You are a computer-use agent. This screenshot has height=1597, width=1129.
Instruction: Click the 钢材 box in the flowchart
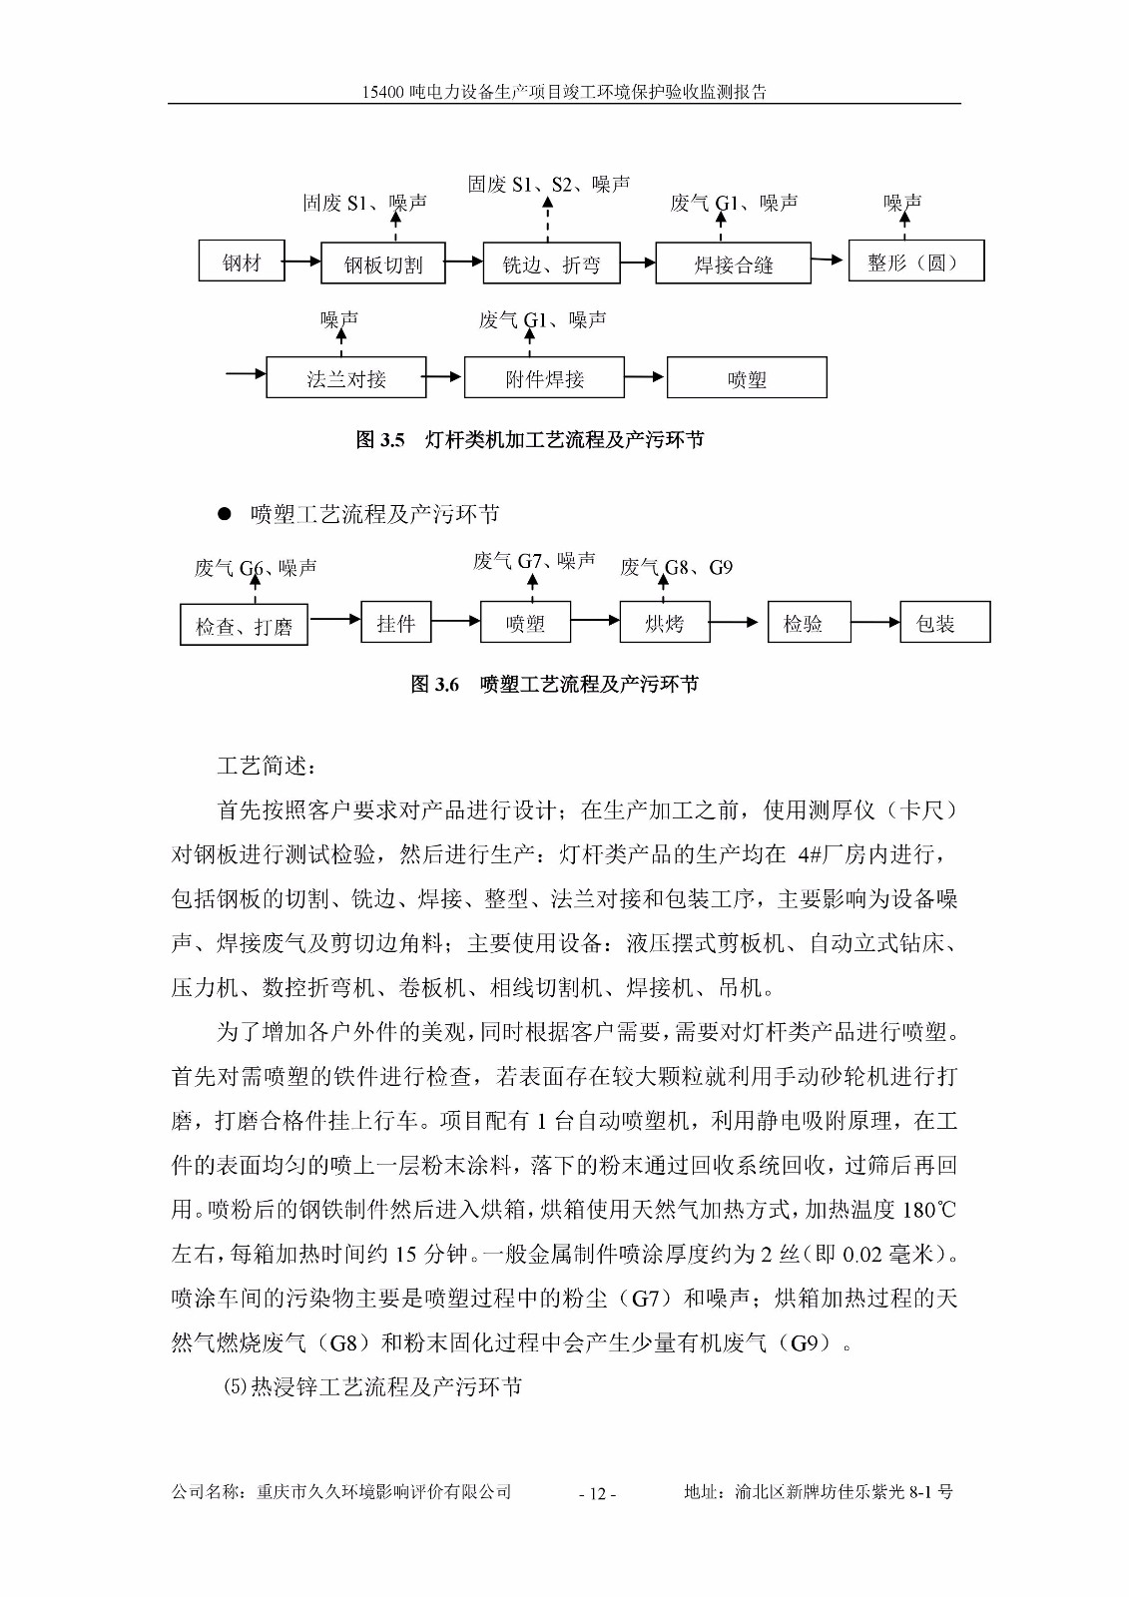coord(242,262)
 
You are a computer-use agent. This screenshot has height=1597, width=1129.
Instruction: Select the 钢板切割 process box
coord(383,264)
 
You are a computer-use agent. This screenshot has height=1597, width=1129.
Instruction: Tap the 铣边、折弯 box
coord(551,264)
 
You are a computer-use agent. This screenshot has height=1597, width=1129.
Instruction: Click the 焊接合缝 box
coord(733,264)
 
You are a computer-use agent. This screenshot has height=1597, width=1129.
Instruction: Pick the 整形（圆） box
coord(915,262)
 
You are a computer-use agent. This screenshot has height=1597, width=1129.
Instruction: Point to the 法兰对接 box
coord(345,378)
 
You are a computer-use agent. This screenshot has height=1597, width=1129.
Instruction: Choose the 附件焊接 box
coord(544,378)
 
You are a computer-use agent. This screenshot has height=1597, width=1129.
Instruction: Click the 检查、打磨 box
coord(244,625)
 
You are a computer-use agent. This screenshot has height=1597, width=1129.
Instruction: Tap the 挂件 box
coord(395,623)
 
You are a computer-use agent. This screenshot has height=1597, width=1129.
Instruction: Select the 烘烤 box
coord(664,623)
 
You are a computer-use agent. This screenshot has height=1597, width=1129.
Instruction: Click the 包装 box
coord(944,623)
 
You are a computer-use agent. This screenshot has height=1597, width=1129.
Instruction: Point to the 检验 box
coord(809,623)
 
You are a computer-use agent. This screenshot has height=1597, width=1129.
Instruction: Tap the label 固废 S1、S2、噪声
coord(549,184)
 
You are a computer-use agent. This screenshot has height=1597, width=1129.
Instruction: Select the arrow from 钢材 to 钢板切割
coord(302,263)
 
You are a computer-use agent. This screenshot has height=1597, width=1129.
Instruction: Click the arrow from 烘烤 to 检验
coord(737,623)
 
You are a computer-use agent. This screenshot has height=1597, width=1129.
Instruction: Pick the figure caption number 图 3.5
coord(380,440)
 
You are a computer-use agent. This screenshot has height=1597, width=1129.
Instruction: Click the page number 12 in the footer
coord(597,1494)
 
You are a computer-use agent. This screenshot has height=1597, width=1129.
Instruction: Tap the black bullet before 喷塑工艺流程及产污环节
coord(225,514)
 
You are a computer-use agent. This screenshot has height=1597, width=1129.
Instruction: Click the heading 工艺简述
coord(266,766)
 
